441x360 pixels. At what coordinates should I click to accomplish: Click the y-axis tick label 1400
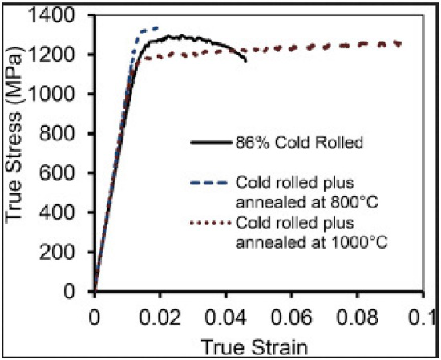(51, 15)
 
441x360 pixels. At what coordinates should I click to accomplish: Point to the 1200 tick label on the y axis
(51, 55)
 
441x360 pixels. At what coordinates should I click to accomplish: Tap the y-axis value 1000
(51, 94)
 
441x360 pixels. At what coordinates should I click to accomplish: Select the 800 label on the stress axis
(58, 133)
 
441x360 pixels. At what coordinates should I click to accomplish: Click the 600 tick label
(58, 172)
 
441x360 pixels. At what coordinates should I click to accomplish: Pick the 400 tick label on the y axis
(58, 212)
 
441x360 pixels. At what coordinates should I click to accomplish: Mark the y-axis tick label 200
(58, 252)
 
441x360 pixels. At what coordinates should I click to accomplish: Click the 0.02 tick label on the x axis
(160, 317)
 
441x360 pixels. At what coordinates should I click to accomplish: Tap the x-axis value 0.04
(226, 317)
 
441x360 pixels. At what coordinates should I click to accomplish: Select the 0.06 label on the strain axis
(292, 317)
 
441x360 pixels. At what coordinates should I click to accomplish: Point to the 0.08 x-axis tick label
(358, 317)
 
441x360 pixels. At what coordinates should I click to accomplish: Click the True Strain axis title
(254, 347)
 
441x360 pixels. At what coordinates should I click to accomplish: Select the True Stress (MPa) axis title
(14, 134)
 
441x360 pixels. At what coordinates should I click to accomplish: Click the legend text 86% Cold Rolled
(299, 143)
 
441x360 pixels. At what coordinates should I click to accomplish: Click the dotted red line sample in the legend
(210, 223)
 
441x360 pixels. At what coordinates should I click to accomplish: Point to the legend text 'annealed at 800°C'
(306, 203)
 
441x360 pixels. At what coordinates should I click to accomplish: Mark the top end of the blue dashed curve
(158, 27)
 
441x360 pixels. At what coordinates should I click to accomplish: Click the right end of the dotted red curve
(400, 44)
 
